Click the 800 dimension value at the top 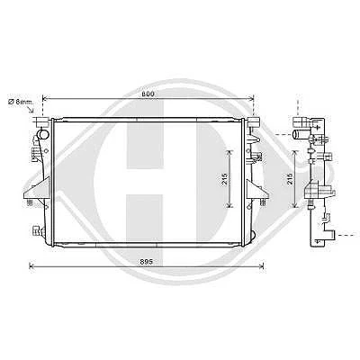point(148,94)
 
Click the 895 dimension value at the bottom point(146,262)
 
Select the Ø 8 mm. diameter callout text point(21,102)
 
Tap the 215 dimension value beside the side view point(290,179)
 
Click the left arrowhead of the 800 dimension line point(45,98)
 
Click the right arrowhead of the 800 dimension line point(252,98)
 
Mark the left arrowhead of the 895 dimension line point(31,266)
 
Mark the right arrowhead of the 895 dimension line point(261,266)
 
